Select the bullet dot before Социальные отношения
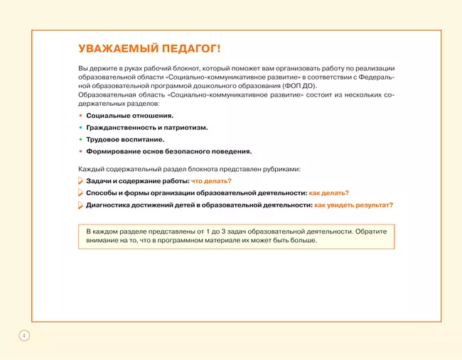coord(80,115)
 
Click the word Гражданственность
coord(120,127)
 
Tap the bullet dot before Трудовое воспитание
coord(80,139)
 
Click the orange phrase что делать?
coord(211,181)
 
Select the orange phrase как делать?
coord(328,193)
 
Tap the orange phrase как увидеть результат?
coord(354,205)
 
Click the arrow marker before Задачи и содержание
coord(80,181)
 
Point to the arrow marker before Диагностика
coord(80,205)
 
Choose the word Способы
coord(101,193)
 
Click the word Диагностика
coord(109,205)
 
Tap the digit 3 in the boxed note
coord(230,231)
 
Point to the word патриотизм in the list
coord(186,127)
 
